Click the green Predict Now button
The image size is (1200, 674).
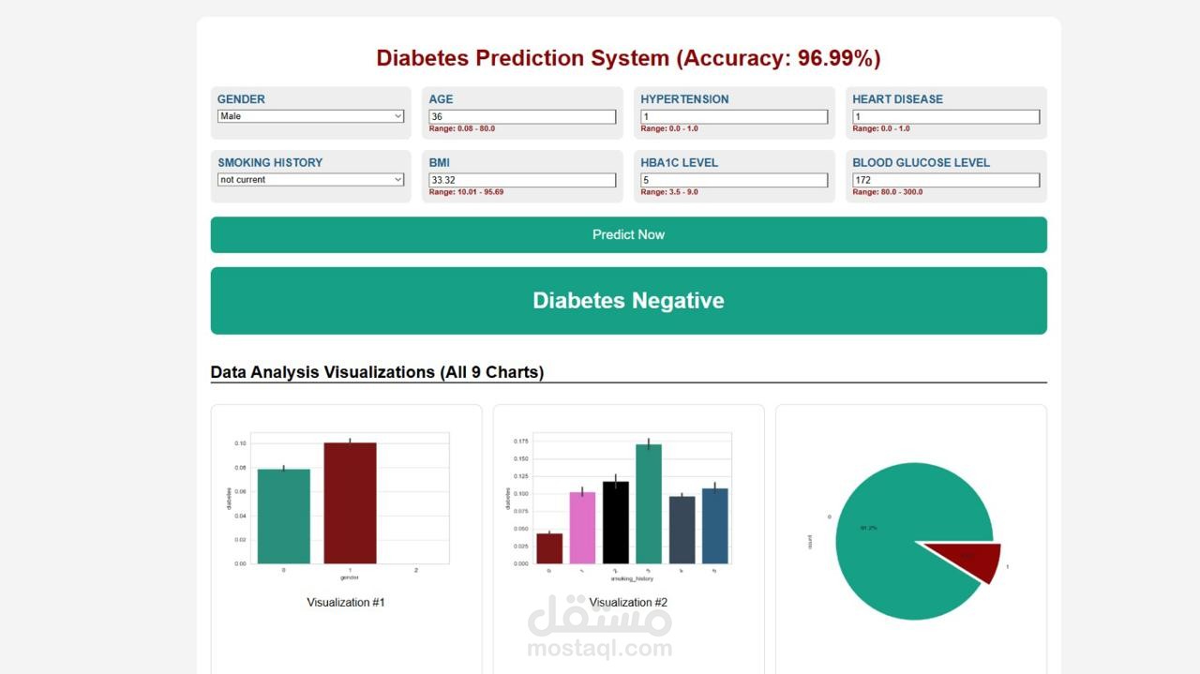pyautogui.click(x=628, y=234)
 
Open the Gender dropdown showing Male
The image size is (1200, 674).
pyautogui.click(x=310, y=116)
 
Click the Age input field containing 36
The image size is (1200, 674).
pyautogui.click(x=522, y=116)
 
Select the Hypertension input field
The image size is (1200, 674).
pyautogui.click(x=734, y=116)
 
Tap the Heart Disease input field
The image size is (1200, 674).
pyautogui.click(x=946, y=116)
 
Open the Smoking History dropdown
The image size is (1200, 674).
pyautogui.click(x=310, y=180)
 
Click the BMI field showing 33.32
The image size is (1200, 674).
pyautogui.click(x=522, y=180)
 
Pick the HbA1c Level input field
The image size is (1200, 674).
pyautogui.click(x=734, y=180)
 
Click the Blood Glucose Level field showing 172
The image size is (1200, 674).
pyautogui.click(x=946, y=180)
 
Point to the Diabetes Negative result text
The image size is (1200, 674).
pyautogui.click(x=628, y=301)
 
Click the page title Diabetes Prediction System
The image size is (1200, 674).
pyautogui.click(x=628, y=58)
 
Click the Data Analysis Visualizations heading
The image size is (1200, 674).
pyautogui.click(x=377, y=372)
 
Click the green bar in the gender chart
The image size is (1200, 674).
pyautogui.click(x=283, y=517)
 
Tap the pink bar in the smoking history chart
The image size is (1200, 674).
pyautogui.click(x=582, y=528)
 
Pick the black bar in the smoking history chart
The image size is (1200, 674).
pyautogui.click(x=616, y=523)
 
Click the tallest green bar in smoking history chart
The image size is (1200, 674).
pyautogui.click(x=649, y=504)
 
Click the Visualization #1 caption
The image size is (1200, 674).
pyautogui.click(x=346, y=603)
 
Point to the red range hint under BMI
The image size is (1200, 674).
pyautogui.click(x=466, y=192)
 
